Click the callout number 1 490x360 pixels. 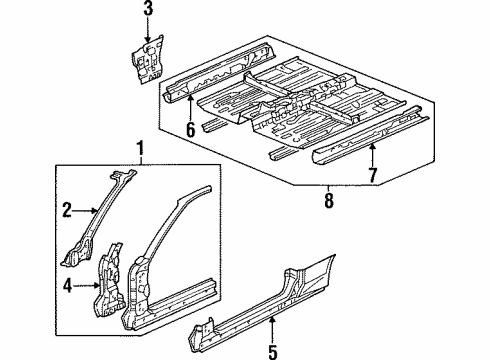[139, 151]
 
